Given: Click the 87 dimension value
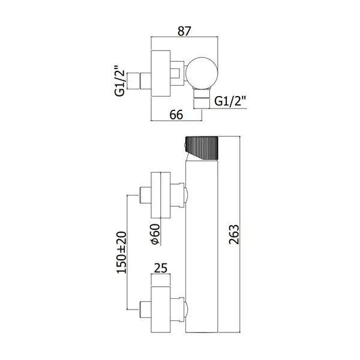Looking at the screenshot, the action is pyautogui.click(x=184, y=31).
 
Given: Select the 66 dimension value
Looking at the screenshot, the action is pyautogui.click(x=176, y=115).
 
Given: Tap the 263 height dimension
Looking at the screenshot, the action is pyautogui.click(x=234, y=234).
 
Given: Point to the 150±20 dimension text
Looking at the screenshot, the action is pyautogui.click(x=122, y=253).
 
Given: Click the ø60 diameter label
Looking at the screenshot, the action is pyautogui.click(x=155, y=234).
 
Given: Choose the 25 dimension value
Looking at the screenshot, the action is pyautogui.click(x=161, y=268).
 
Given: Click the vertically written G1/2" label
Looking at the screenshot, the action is pyautogui.click(x=119, y=80).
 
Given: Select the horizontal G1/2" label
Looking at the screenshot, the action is pyautogui.click(x=230, y=101).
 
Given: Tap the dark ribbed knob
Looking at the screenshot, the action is pyautogui.click(x=202, y=148).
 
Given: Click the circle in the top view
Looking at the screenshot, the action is pyautogui.click(x=202, y=73).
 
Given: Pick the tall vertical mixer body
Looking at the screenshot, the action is pyautogui.click(x=202, y=246).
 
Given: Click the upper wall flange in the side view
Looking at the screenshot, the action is pyautogui.click(x=160, y=195).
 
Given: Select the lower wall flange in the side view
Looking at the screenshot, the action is pyautogui.click(x=160, y=310).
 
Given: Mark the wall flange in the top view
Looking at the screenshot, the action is pyautogui.click(x=160, y=73).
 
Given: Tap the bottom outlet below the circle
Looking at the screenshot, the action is pyautogui.click(x=202, y=98).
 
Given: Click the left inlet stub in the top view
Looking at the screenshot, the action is pyautogui.click(x=139, y=81).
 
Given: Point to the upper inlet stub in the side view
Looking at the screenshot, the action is pyautogui.click(x=145, y=195).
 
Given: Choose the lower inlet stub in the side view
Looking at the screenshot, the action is pyautogui.click(x=145, y=310).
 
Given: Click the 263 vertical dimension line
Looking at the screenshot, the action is pyautogui.click(x=240, y=235).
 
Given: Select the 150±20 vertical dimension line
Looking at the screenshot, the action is pyautogui.click(x=127, y=253).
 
